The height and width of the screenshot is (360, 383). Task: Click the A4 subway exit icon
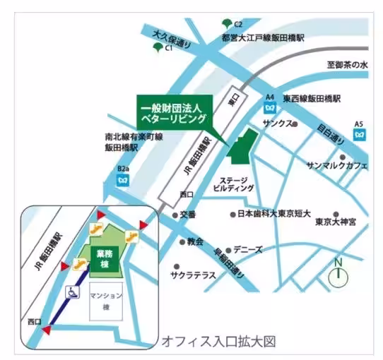coord(269,107)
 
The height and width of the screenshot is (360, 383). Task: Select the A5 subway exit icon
coord(360,132)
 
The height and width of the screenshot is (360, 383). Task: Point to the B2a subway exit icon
coord(124,179)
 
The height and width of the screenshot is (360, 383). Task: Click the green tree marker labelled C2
coord(227,22)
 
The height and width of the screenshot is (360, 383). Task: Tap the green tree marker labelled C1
coord(157,47)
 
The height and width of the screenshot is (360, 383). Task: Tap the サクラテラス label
coord(193,275)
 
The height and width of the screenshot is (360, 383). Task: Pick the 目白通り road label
coord(329,131)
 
